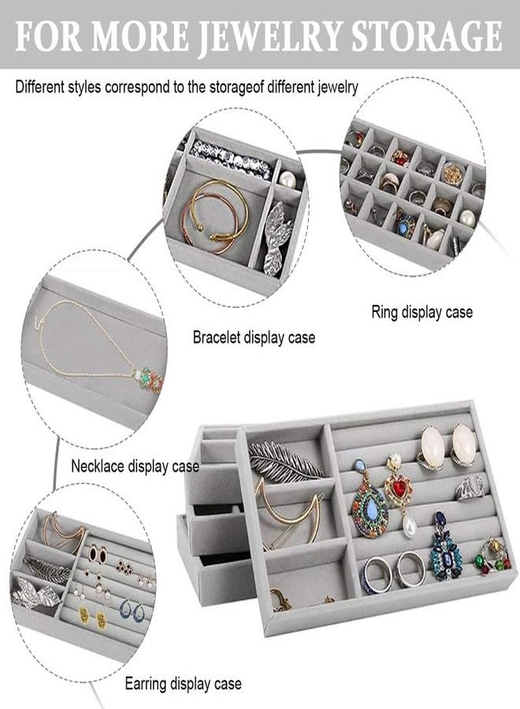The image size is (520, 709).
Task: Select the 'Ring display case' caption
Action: point(422,312)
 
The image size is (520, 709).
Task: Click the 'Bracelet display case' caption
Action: point(254,337)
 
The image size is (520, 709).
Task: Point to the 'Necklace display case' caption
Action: point(135,466)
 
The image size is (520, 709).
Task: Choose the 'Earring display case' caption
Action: point(183,683)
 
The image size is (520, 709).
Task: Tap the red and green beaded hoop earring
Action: point(493,556)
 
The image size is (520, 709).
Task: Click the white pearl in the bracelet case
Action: point(288,180)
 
